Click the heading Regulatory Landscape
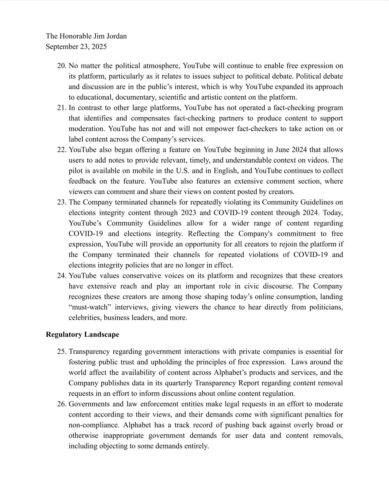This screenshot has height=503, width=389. pyautogui.click(x=82, y=335)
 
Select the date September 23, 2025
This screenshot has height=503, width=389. pyautogui.click(x=76, y=47)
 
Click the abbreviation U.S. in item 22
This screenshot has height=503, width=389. pyautogui.click(x=183, y=171)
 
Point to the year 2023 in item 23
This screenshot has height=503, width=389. pyautogui.click(x=189, y=213)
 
